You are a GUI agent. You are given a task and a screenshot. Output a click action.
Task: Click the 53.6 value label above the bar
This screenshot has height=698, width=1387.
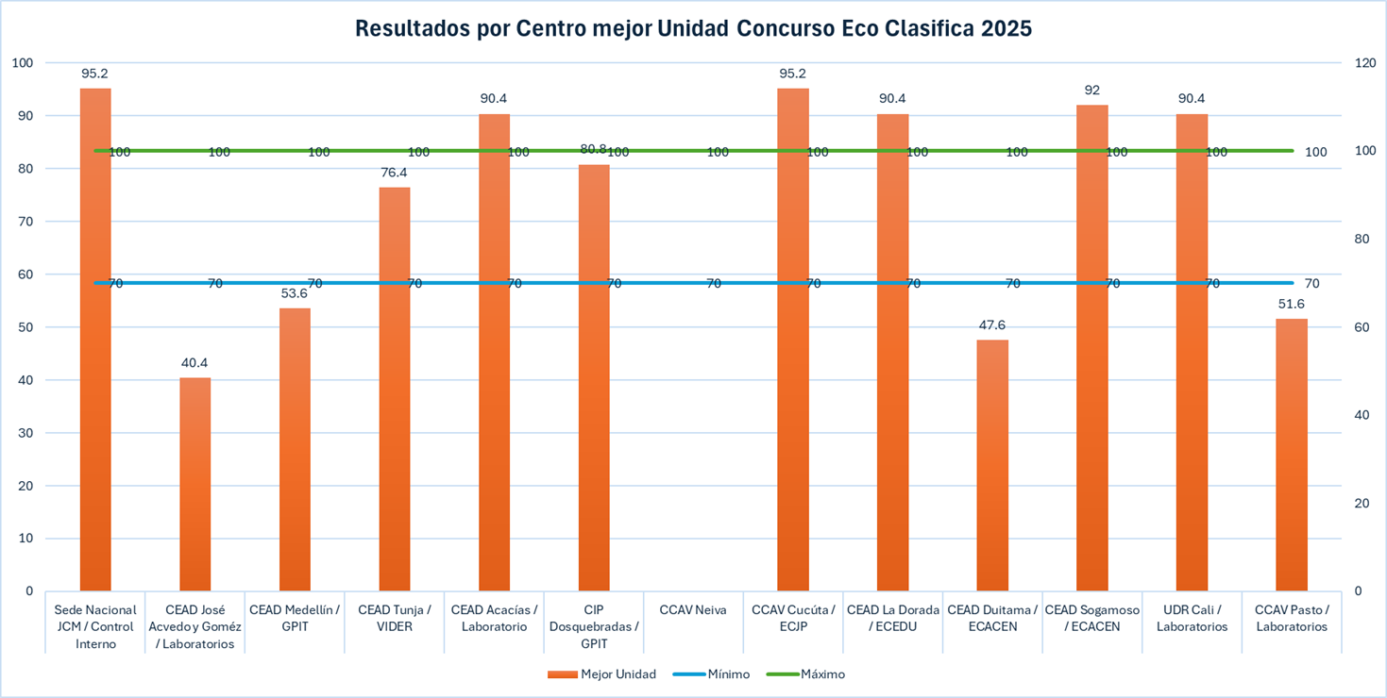pos(295,293)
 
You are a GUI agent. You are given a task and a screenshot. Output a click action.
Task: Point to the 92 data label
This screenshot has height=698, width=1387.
pos(1092,91)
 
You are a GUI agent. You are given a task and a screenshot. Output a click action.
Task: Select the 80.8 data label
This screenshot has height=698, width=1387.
pos(593,148)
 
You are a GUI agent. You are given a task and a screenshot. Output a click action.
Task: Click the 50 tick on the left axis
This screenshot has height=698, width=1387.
pos(23,327)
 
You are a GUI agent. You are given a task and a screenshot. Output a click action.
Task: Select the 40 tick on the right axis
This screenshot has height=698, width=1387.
pos(1362,415)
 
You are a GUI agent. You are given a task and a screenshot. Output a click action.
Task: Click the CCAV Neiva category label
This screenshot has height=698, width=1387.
pos(693,610)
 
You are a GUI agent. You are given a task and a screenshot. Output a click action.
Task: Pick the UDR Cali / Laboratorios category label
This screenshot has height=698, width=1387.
pos(1192,618)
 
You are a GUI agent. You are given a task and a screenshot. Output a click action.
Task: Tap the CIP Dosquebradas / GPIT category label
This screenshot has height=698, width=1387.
pos(593,626)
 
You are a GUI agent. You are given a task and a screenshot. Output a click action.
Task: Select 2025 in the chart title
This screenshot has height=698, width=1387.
pos(1006,28)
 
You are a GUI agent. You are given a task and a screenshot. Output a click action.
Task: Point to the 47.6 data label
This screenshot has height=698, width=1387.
pos(992,325)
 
